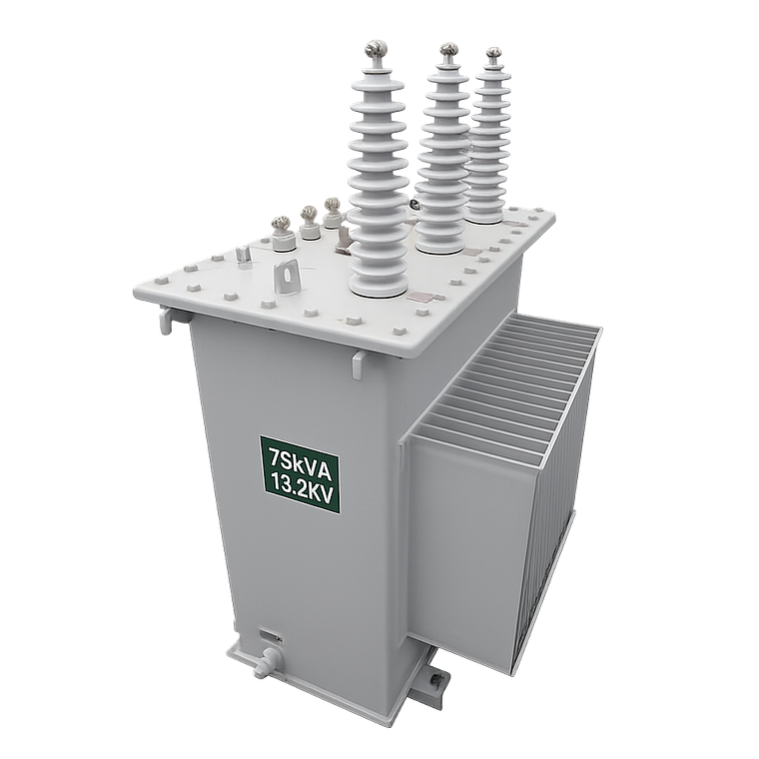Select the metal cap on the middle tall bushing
pyautogui.click(x=449, y=50)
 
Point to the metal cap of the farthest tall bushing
pyautogui.click(x=493, y=52)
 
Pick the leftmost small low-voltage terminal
pyautogui.click(x=282, y=229)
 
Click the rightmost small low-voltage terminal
pyautogui.click(x=331, y=207)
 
